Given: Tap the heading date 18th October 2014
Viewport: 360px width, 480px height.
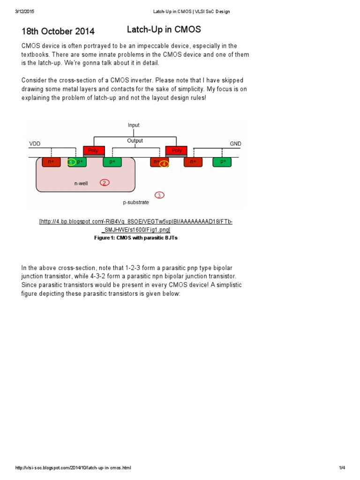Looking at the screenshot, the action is coord(58,31).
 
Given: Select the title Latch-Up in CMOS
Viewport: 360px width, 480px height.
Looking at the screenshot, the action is coord(164,30).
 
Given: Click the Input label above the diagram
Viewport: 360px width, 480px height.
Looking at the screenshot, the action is coord(134,125).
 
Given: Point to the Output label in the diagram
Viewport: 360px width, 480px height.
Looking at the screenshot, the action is coord(135,141).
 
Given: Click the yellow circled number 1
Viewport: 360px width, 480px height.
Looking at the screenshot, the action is coord(71,162).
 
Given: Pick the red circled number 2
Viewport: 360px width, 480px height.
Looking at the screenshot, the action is coord(105,182).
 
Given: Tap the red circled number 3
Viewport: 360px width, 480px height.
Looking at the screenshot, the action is coord(159,195).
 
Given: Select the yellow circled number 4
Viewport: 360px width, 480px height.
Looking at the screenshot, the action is coord(164,164).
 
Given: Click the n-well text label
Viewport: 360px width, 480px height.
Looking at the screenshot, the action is coord(81,184).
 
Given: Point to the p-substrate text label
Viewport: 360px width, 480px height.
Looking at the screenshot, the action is coord(136,202).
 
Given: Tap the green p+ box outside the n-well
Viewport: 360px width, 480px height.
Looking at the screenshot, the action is coord(222,162).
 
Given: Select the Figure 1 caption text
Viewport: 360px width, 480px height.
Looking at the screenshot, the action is coord(136,238).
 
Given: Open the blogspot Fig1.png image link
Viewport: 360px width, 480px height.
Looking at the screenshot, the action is coord(136,225).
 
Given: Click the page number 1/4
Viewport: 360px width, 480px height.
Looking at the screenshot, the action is coord(342,468).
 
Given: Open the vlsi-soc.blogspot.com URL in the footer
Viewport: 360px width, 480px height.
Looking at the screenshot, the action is coord(73,468).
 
